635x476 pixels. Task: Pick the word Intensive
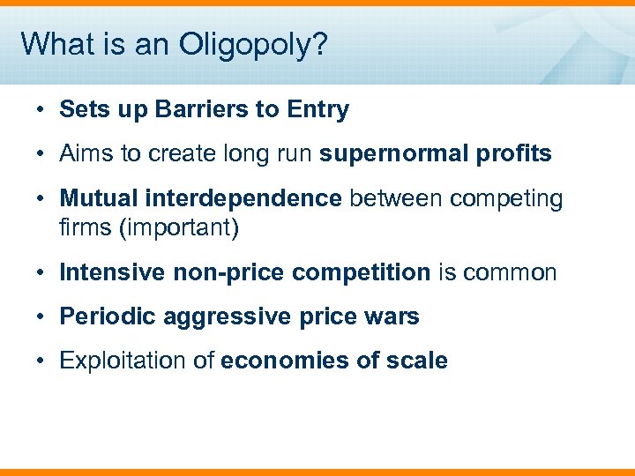pos(111,272)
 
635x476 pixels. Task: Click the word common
pos(512,272)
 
